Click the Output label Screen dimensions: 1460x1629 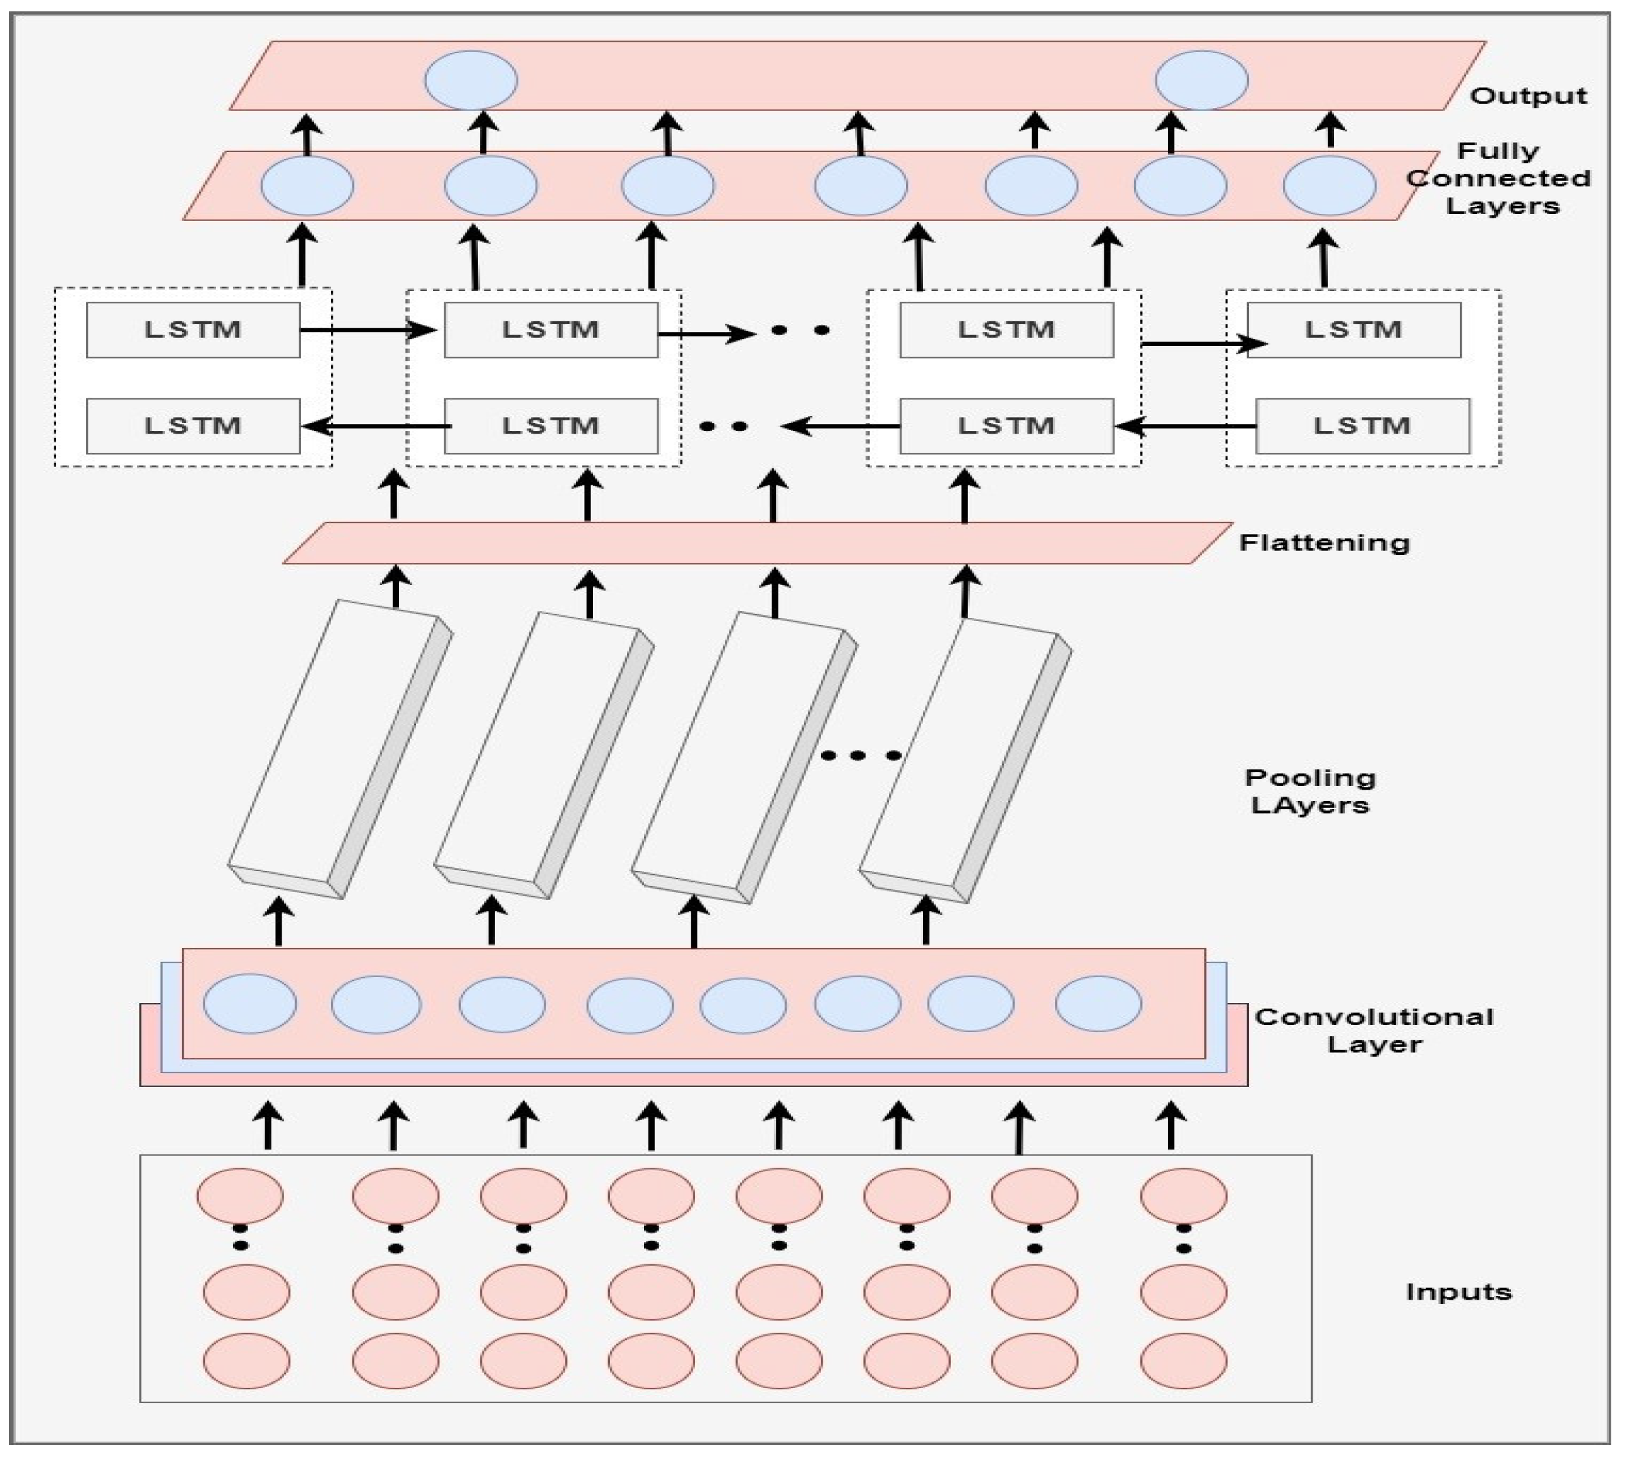[x=1527, y=97]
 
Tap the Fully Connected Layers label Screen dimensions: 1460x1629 [x=1498, y=178]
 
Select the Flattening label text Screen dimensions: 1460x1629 [x=1324, y=543]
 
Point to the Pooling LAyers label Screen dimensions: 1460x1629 [x=1310, y=791]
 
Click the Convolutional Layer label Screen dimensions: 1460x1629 [x=1374, y=1030]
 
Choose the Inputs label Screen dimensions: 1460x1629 [x=1458, y=1291]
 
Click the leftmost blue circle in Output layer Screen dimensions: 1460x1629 [x=471, y=80]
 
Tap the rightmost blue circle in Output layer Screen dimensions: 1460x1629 [x=1202, y=80]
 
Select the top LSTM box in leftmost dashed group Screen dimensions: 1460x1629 [x=193, y=329]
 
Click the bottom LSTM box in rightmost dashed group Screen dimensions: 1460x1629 [x=1362, y=426]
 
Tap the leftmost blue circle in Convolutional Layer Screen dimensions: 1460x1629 [x=249, y=1004]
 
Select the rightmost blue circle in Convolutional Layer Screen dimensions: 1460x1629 [x=1098, y=1003]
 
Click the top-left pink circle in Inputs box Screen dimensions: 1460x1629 [x=240, y=1196]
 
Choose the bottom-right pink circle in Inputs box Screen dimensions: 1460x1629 [x=1183, y=1360]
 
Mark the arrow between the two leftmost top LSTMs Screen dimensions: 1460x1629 [x=369, y=329]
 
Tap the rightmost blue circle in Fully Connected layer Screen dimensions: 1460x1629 [x=1329, y=186]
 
